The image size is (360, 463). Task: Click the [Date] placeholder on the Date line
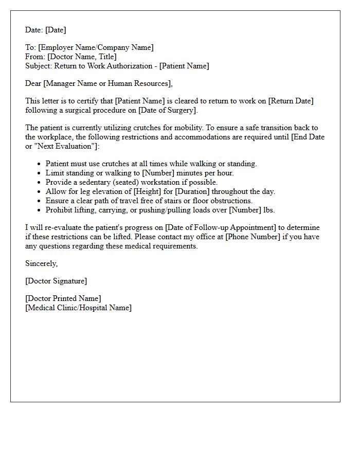(x=56, y=30)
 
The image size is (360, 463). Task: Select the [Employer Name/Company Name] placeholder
(x=96, y=48)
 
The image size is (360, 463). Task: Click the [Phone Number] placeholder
(x=250, y=237)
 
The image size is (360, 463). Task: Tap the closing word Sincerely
(x=42, y=263)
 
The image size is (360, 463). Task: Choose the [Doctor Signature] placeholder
(x=56, y=281)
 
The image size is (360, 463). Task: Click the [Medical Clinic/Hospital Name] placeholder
(x=78, y=308)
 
